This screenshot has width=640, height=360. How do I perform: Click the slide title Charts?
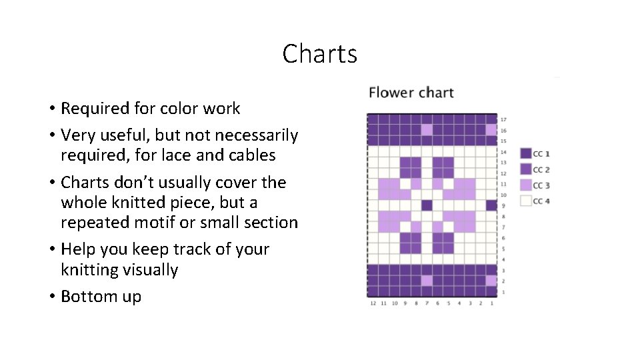[x=319, y=54]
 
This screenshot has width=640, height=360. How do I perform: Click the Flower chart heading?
[x=411, y=93]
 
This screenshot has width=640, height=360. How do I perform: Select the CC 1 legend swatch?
[x=526, y=154]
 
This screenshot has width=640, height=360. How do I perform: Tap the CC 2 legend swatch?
[x=526, y=170]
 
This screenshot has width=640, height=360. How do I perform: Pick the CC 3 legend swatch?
[x=526, y=185]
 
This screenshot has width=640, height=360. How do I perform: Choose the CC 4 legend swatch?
[x=526, y=201]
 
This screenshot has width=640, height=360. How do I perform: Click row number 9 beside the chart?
[x=503, y=205]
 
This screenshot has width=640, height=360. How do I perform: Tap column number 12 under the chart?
[x=373, y=303]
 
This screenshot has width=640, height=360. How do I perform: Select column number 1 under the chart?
[x=491, y=303]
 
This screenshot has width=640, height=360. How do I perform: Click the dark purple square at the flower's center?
[x=427, y=205]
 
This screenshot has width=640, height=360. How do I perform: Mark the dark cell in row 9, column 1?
[x=491, y=205]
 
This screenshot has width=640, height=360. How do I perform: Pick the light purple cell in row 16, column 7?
[x=427, y=130]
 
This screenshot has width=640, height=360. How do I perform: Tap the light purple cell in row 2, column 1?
[x=491, y=281]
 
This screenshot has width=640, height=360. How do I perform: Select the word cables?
[x=253, y=155]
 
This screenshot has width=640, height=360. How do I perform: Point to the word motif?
[x=141, y=222]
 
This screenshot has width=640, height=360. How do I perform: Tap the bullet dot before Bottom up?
[x=51, y=297]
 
